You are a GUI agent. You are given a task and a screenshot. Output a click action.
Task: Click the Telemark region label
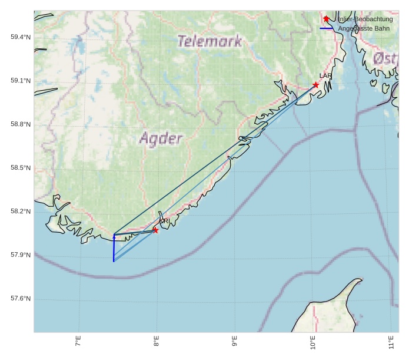(210, 41)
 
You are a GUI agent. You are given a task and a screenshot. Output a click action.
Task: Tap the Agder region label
(161, 138)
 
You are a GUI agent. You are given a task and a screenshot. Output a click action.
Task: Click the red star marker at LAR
(316, 85)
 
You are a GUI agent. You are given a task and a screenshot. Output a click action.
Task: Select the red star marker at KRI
(155, 230)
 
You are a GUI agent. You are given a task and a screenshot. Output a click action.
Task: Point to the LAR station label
(325, 76)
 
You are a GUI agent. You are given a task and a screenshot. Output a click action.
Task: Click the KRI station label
(165, 221)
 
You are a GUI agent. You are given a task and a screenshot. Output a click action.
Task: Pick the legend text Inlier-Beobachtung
(365, 19)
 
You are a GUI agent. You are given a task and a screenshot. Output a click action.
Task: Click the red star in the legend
(327, 19)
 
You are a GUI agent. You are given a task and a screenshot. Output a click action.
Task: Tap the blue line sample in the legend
(327, 28)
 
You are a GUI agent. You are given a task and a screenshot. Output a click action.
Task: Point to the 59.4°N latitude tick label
(21, 37)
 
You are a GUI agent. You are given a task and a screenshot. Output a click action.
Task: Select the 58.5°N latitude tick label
(21, 168)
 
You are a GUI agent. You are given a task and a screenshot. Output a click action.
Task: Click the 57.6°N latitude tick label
(21, 299)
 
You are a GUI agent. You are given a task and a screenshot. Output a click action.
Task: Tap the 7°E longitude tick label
(78, 342)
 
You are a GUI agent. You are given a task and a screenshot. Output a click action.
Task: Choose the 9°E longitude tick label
(235, 342)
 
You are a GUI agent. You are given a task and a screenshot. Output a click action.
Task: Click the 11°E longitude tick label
(391, 342)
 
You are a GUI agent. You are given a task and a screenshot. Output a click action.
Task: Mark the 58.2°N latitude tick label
(21, 212)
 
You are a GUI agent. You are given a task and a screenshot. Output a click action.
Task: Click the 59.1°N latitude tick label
(21, 81)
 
